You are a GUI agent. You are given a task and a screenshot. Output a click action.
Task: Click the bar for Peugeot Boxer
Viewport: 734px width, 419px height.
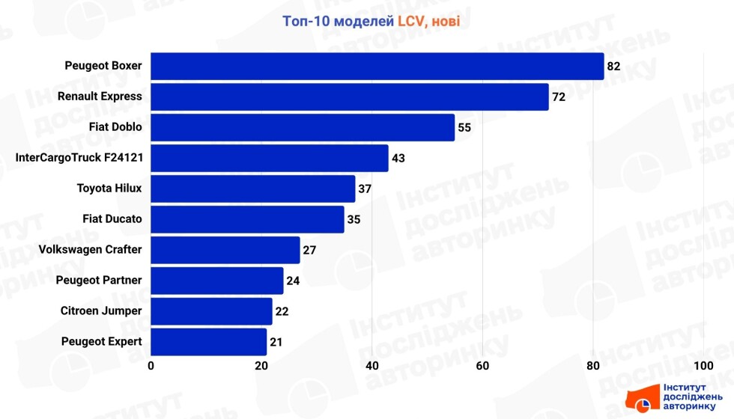pos(377,66)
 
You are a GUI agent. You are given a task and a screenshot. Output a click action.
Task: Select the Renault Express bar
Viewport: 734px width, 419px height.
pos(350,97)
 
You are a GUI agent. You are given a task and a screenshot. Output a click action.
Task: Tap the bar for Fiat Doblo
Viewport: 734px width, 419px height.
pos(303,127)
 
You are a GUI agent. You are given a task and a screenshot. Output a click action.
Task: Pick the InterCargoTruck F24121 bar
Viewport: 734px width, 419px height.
pos(270,158)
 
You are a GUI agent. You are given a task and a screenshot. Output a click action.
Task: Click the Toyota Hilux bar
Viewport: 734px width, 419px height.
pos(253,189)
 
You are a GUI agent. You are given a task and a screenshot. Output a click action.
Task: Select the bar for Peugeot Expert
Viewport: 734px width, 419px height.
pos(209,342)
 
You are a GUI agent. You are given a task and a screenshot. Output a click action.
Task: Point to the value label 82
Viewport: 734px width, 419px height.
pos(614,66)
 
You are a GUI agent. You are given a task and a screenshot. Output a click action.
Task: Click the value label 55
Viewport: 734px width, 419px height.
pos(464,127)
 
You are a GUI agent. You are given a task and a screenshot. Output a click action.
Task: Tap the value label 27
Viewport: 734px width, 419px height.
pos(309,250)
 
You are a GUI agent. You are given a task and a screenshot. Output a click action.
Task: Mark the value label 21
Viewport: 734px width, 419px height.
pos(276,342)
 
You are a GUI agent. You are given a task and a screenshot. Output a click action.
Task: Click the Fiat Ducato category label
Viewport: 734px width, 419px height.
pos(112,219)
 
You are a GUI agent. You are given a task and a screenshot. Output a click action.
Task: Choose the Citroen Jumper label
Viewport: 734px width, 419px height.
pos(101,311)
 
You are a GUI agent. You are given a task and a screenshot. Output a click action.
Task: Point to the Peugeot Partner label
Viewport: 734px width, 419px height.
pos(99,281)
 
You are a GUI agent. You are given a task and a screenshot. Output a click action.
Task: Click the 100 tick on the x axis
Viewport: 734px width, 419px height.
pos(703,366)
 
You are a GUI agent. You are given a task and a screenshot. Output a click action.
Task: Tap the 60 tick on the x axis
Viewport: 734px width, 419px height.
pos(482,366)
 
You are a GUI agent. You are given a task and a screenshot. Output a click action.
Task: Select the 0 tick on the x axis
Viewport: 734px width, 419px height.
pos(151,366)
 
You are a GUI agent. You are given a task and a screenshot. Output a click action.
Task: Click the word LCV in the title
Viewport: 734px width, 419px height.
pos(412,21)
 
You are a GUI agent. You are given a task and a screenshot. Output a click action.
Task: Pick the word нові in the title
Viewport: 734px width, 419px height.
pos(446,21)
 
